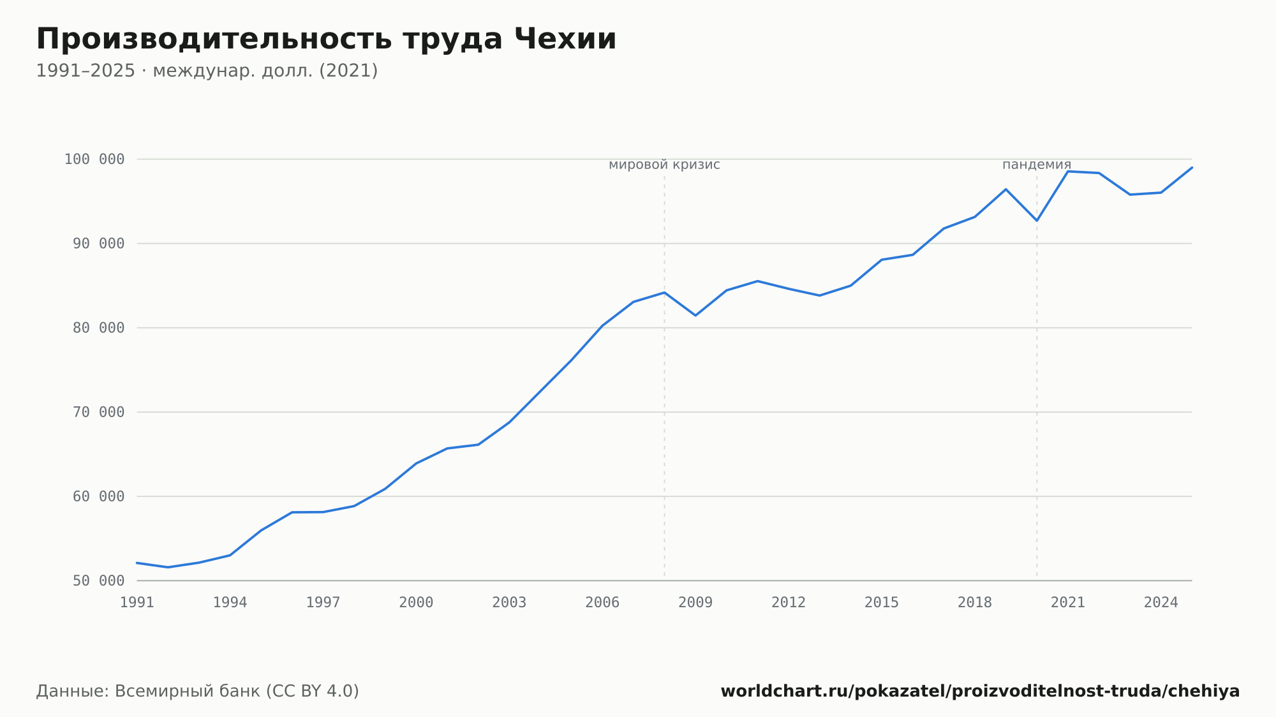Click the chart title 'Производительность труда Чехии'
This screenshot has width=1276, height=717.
tap(326, 40)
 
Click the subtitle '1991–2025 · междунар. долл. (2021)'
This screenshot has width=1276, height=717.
tap(207, 71)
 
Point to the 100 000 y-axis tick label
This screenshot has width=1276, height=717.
tap(94, 159)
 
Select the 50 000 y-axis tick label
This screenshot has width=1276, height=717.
tap(98, 581)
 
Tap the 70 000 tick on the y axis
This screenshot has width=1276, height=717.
tap(98, 412)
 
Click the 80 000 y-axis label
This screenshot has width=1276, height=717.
tap(98, 328)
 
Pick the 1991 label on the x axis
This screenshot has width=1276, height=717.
tap(137, 603)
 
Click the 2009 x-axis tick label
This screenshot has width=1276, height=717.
tap(695, 603)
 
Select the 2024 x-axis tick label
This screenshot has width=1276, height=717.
tap(1161, 603)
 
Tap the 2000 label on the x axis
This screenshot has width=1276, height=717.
tap(416, 603)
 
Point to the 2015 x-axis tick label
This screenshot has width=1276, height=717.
tap(882, 603)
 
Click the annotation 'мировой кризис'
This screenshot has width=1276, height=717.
tap(664, 165)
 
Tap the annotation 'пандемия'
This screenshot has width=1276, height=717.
tap(1037, 165)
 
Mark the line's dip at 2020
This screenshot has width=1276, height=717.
tap(1037, 221)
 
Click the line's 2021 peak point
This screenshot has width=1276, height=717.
tap(1068, 172)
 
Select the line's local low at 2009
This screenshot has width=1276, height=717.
tap(695, 316)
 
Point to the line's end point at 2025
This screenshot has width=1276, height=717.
tap(1192, 168)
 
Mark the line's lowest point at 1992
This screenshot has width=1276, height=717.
tap(168, 567)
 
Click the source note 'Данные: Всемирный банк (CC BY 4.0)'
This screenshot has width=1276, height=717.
tap(198, 691)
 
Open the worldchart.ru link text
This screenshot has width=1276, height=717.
tap(980, 691)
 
